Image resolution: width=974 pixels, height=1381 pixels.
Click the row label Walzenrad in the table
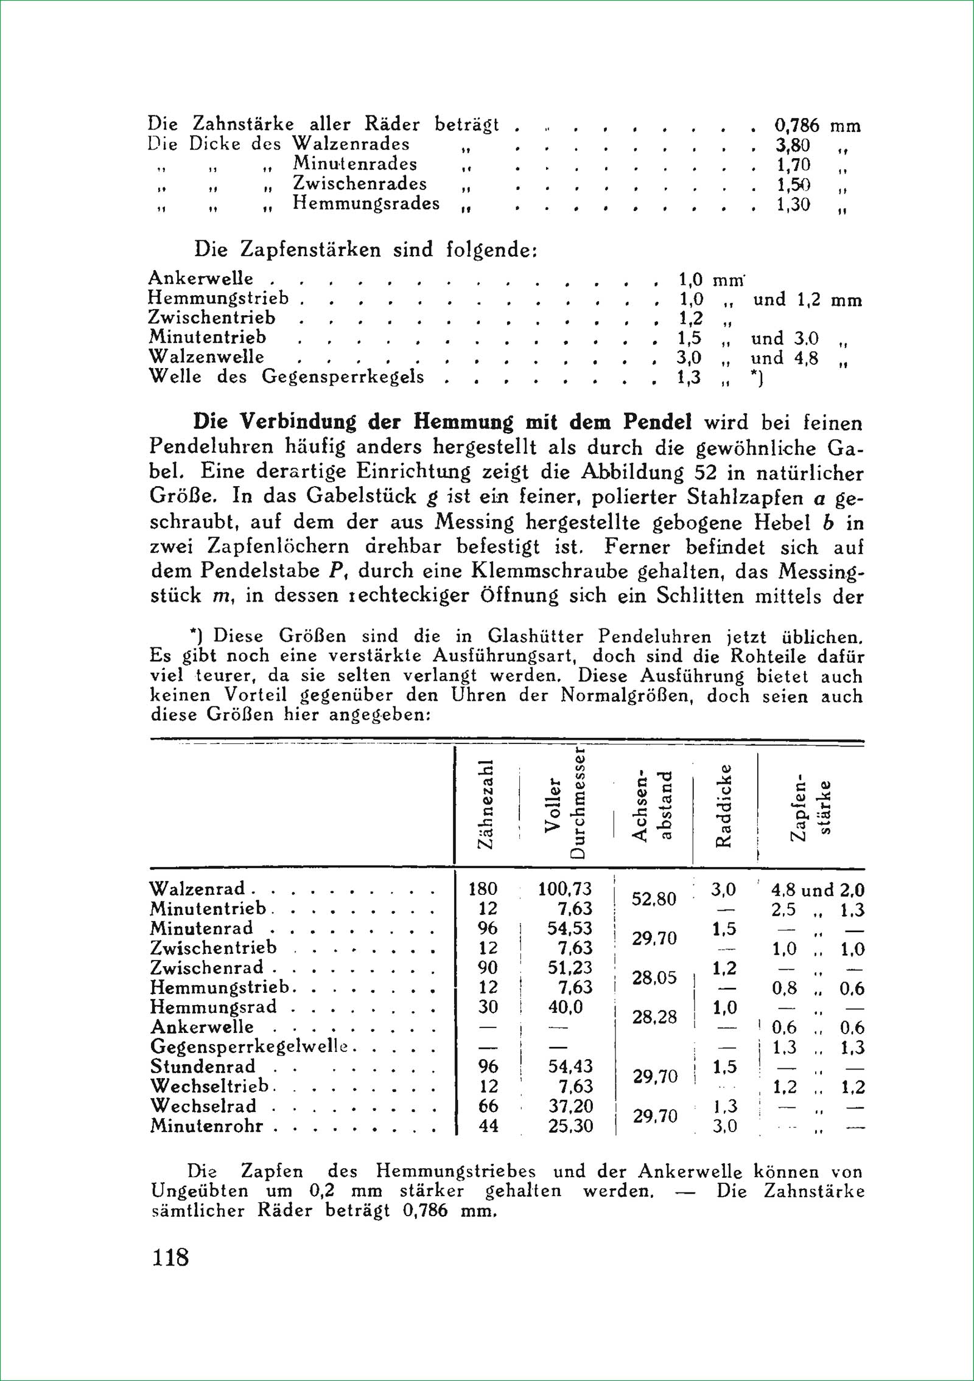point(197,889)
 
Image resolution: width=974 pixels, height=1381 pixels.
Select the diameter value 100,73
point(565,889)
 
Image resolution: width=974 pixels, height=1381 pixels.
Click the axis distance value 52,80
point(654,899)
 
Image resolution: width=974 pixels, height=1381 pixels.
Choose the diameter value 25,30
point(570,1126)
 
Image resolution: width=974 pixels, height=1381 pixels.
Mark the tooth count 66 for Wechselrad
point(488,1106)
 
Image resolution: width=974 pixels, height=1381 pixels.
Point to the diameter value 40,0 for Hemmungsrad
point(565,1007)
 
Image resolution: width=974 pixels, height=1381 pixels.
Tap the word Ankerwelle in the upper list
point(201,279)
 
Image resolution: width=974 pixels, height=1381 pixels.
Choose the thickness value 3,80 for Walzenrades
point(793,146)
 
